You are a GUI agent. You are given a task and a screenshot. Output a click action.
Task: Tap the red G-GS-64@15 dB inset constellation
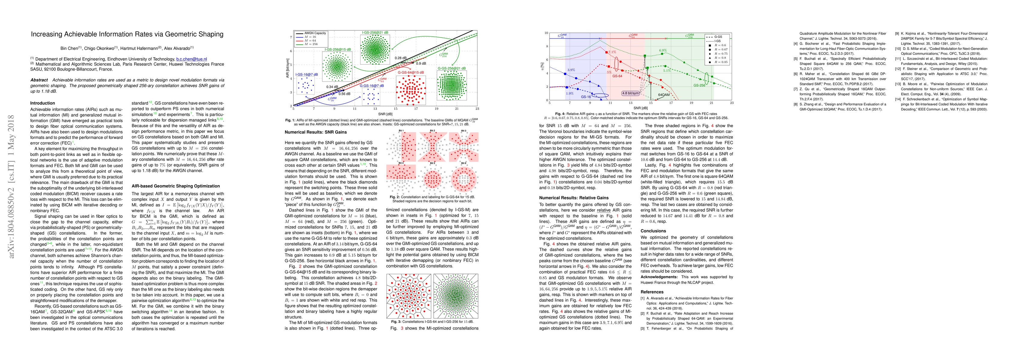tap(411, 90)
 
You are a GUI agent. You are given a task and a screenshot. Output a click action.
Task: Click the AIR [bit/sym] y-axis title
tap(288, 68)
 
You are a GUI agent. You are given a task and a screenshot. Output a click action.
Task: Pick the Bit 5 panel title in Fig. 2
tap(432, 163)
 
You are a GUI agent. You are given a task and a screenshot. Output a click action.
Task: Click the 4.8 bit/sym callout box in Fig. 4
tap(630, 93)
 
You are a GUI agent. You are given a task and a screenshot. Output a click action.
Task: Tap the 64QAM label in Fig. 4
tap(664, 95)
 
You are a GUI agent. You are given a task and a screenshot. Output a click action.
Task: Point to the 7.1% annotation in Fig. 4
tap(612, 52)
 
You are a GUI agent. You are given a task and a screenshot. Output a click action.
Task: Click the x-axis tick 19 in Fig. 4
tap(691, 103)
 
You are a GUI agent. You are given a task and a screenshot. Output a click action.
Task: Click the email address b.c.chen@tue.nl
tap(191, 59)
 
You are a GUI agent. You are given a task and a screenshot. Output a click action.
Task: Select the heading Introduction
tap(43, 103)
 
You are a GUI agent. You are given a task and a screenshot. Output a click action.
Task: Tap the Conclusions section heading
tap(653, 231)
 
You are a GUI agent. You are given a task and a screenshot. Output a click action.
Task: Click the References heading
tap(652, 292)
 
